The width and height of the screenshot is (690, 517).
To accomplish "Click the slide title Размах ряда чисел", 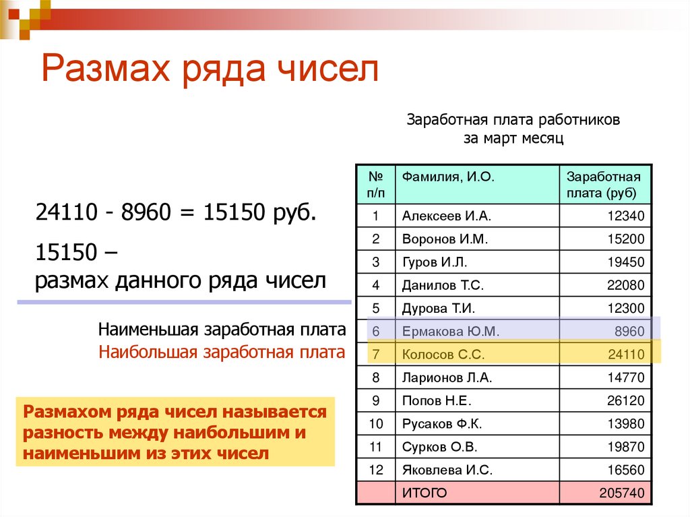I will (210, 69).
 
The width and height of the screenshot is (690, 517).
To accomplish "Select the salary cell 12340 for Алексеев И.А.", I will (625, 216).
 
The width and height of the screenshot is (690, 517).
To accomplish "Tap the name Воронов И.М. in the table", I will (445, 239).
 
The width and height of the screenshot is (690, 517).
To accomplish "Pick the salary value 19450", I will (625, 262).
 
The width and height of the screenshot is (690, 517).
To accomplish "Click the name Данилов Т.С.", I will (443, 285).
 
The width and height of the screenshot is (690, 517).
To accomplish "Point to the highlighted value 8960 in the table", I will (629, 331).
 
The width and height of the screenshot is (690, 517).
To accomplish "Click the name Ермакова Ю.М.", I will (450, 331).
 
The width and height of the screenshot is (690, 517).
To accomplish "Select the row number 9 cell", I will (376, 400).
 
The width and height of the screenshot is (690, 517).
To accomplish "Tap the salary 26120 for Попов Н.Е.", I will (625, 400).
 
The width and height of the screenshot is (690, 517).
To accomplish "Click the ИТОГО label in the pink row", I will (425, 493).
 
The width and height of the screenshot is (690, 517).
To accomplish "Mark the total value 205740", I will (622, 493).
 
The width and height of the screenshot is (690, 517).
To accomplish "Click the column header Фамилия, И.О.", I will (449, 177).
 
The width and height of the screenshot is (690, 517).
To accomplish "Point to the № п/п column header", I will (376, 185).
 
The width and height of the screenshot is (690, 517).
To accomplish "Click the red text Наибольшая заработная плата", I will (222, 352).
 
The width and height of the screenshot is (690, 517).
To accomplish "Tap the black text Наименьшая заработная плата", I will (222, 330).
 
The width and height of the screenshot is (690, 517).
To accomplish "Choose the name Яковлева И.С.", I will (447, 470).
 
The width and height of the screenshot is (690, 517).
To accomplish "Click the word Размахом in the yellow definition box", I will (65, 411).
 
